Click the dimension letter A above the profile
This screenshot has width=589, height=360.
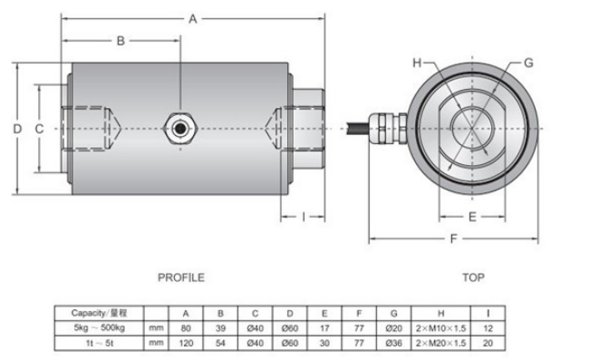193,19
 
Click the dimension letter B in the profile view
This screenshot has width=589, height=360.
121,41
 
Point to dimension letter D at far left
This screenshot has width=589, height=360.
17,129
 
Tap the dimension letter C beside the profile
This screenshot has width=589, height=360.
39,129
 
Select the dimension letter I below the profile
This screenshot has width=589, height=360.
304,217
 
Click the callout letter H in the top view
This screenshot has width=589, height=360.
417,63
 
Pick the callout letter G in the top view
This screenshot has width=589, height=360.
528,63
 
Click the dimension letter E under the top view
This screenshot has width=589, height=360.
472,217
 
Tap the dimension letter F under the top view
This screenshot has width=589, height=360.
454,238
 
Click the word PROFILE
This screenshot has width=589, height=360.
181,277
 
